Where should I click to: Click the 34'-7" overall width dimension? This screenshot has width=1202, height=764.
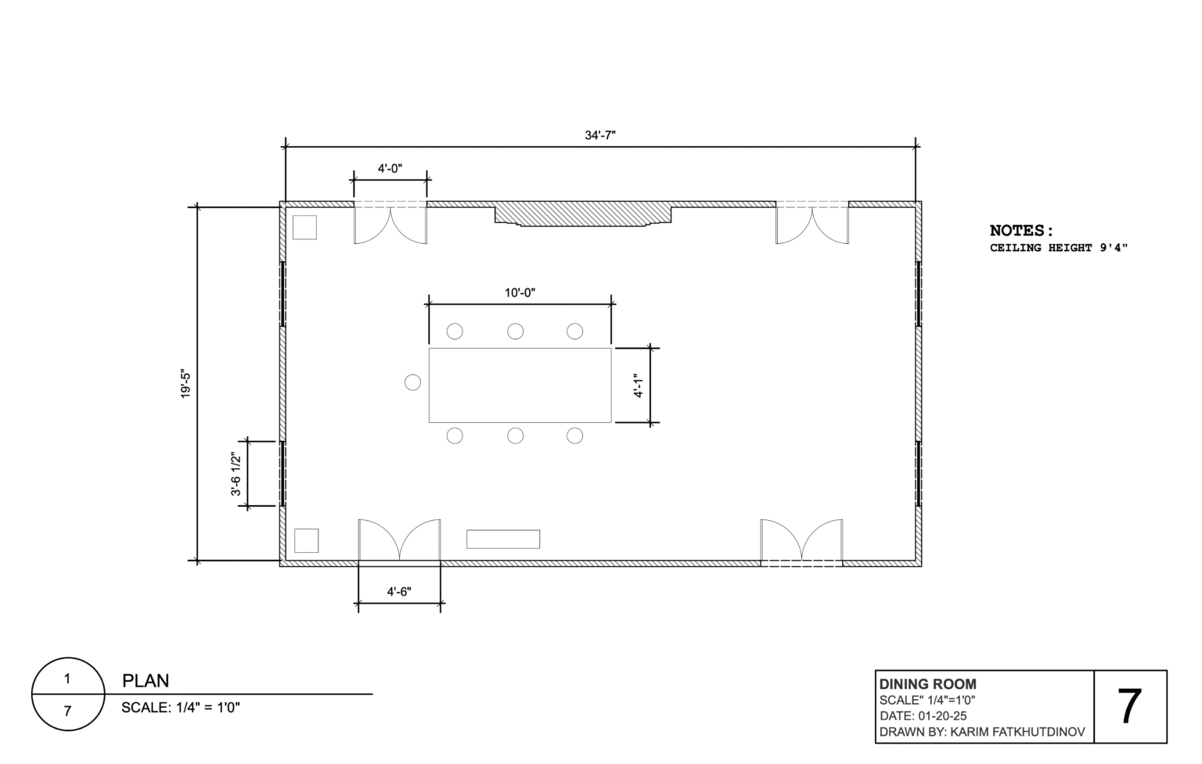coord(600,135)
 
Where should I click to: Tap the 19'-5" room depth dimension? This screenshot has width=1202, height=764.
coord(185,383)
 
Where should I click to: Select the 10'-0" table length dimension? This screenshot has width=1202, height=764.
coord(520,292)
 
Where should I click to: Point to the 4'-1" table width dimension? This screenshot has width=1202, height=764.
coord(638,386)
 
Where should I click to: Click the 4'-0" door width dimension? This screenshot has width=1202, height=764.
coord(390,168)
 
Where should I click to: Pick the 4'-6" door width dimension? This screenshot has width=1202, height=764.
coord(399,591)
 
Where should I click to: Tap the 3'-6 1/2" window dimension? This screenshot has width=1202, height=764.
coord(236,474)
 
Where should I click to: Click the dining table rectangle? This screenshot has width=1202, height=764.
coord(520,385)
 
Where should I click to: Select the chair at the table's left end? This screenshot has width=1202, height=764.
coord(412,382)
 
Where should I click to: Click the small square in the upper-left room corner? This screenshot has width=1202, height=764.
coord(304,228)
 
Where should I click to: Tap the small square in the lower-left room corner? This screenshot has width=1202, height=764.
coord(307,540)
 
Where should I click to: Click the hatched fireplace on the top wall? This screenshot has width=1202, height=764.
coord(583,214)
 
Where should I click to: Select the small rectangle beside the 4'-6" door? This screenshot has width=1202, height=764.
coord(503,540)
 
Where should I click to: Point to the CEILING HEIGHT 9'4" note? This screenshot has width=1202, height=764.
coord(1059,248)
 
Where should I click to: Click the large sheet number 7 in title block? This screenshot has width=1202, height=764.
coord(1129,707)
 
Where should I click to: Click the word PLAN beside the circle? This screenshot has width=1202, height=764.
coord(146,681)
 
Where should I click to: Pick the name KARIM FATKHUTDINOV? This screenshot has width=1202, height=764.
coord(1017,732)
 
